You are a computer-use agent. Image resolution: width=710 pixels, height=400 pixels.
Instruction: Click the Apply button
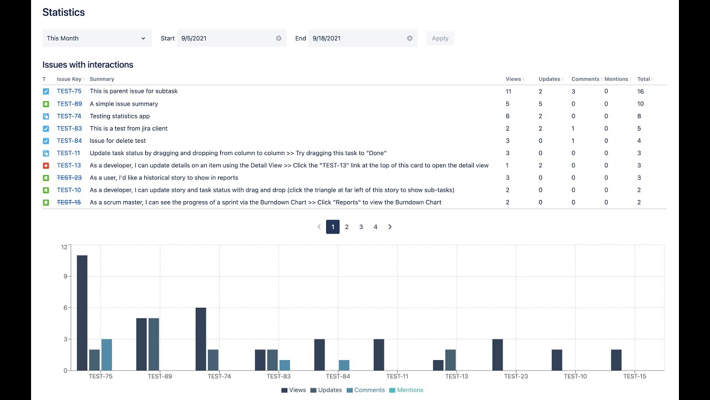tap(440, 38)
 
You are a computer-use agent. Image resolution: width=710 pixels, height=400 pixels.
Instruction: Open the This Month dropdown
tap(97, 38)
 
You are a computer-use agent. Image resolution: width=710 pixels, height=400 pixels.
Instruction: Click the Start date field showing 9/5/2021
tap(226, 38)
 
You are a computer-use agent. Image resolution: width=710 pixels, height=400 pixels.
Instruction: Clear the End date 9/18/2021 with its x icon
tap(410, 38)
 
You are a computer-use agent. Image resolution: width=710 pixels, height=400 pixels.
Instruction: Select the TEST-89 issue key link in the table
tap(69, 104)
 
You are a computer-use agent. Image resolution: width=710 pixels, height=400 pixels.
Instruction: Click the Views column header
tap(514, 79)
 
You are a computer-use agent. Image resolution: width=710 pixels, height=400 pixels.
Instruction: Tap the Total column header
tap(643, 79)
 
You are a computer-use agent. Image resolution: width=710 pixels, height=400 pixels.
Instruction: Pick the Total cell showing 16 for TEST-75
tap(641, 91)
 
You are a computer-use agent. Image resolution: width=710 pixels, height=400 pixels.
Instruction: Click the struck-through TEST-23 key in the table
tap(69, 178)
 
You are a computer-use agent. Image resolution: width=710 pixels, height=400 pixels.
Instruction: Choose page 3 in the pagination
tap(361, 227)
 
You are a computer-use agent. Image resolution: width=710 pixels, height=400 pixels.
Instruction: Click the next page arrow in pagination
tap(390, 227)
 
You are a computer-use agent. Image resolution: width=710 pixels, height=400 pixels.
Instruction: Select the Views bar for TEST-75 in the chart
tap(82, 313)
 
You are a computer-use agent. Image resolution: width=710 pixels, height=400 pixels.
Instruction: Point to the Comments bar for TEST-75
tap(106, 354)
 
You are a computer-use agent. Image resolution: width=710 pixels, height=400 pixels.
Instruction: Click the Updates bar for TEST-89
tap(154, 344)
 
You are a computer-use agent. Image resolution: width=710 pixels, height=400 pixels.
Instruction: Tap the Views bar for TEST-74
tap(201, 339)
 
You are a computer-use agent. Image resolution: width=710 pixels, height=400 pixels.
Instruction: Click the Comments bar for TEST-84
tap(344, 365)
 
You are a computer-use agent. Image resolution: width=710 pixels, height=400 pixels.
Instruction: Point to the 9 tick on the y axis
tap(64, 276)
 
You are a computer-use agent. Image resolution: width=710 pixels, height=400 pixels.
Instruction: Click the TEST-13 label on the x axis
tap(457, 376)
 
